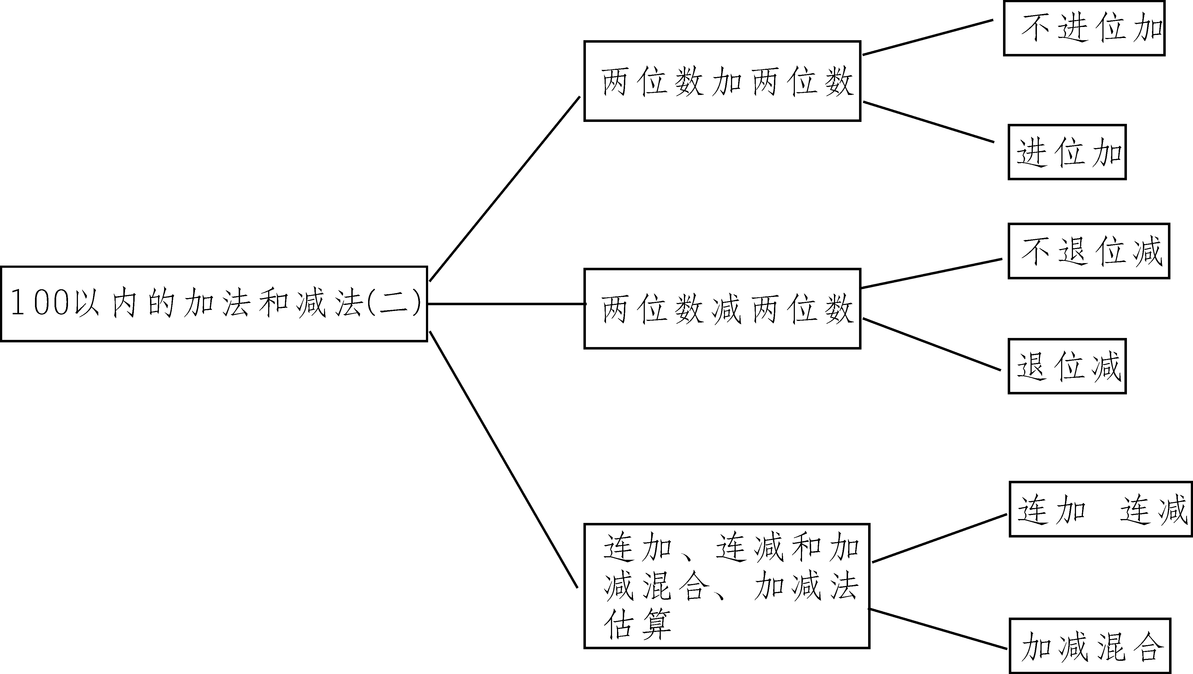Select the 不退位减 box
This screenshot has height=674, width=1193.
click(x=1089, y=251)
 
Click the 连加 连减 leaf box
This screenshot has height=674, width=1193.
click(x=1100, y=509)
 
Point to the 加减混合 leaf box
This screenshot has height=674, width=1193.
click(x=1090, y=646)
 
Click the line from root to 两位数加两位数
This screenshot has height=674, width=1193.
click(x=505, y=189)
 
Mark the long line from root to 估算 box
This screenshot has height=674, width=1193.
click(x=504, y=460)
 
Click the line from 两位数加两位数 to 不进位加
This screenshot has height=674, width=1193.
click(x=928, y=37)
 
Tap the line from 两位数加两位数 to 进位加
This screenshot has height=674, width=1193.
click(x=929, y=122)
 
